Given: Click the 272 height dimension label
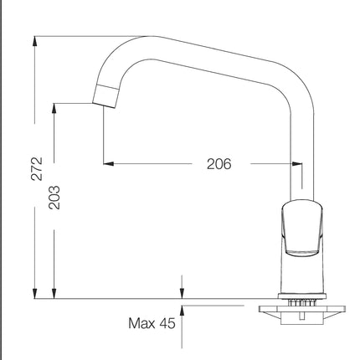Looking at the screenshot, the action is tap(37, 169).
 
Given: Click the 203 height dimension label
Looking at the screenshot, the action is tap(54, 198).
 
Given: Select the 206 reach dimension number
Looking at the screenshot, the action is tap(219, 164).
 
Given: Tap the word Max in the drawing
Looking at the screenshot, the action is tap(141, 323).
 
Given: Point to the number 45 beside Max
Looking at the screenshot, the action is tap(167, 323).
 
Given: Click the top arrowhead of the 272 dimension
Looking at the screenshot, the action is tap(34, 41).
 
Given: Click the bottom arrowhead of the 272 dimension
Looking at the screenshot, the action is tap(34, 294).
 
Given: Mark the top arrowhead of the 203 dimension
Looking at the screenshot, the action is tap(54, 109).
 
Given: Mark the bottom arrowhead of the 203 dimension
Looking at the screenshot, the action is tap(54, 294).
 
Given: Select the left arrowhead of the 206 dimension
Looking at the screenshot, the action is tap(109, 163).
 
